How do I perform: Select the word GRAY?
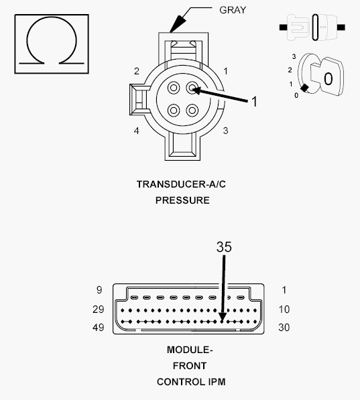(233, 11)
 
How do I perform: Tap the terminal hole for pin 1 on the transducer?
(193, 88)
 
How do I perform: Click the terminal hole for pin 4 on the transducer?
(174, 110)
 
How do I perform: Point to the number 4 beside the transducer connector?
(136, 131)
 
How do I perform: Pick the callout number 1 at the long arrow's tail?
(254, 102)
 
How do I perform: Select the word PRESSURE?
(182, 200)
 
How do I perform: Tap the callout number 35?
(223, 247)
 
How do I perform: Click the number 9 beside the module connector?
(99, 290)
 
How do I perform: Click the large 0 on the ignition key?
(327, 79)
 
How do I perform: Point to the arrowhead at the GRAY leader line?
(174, 29)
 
